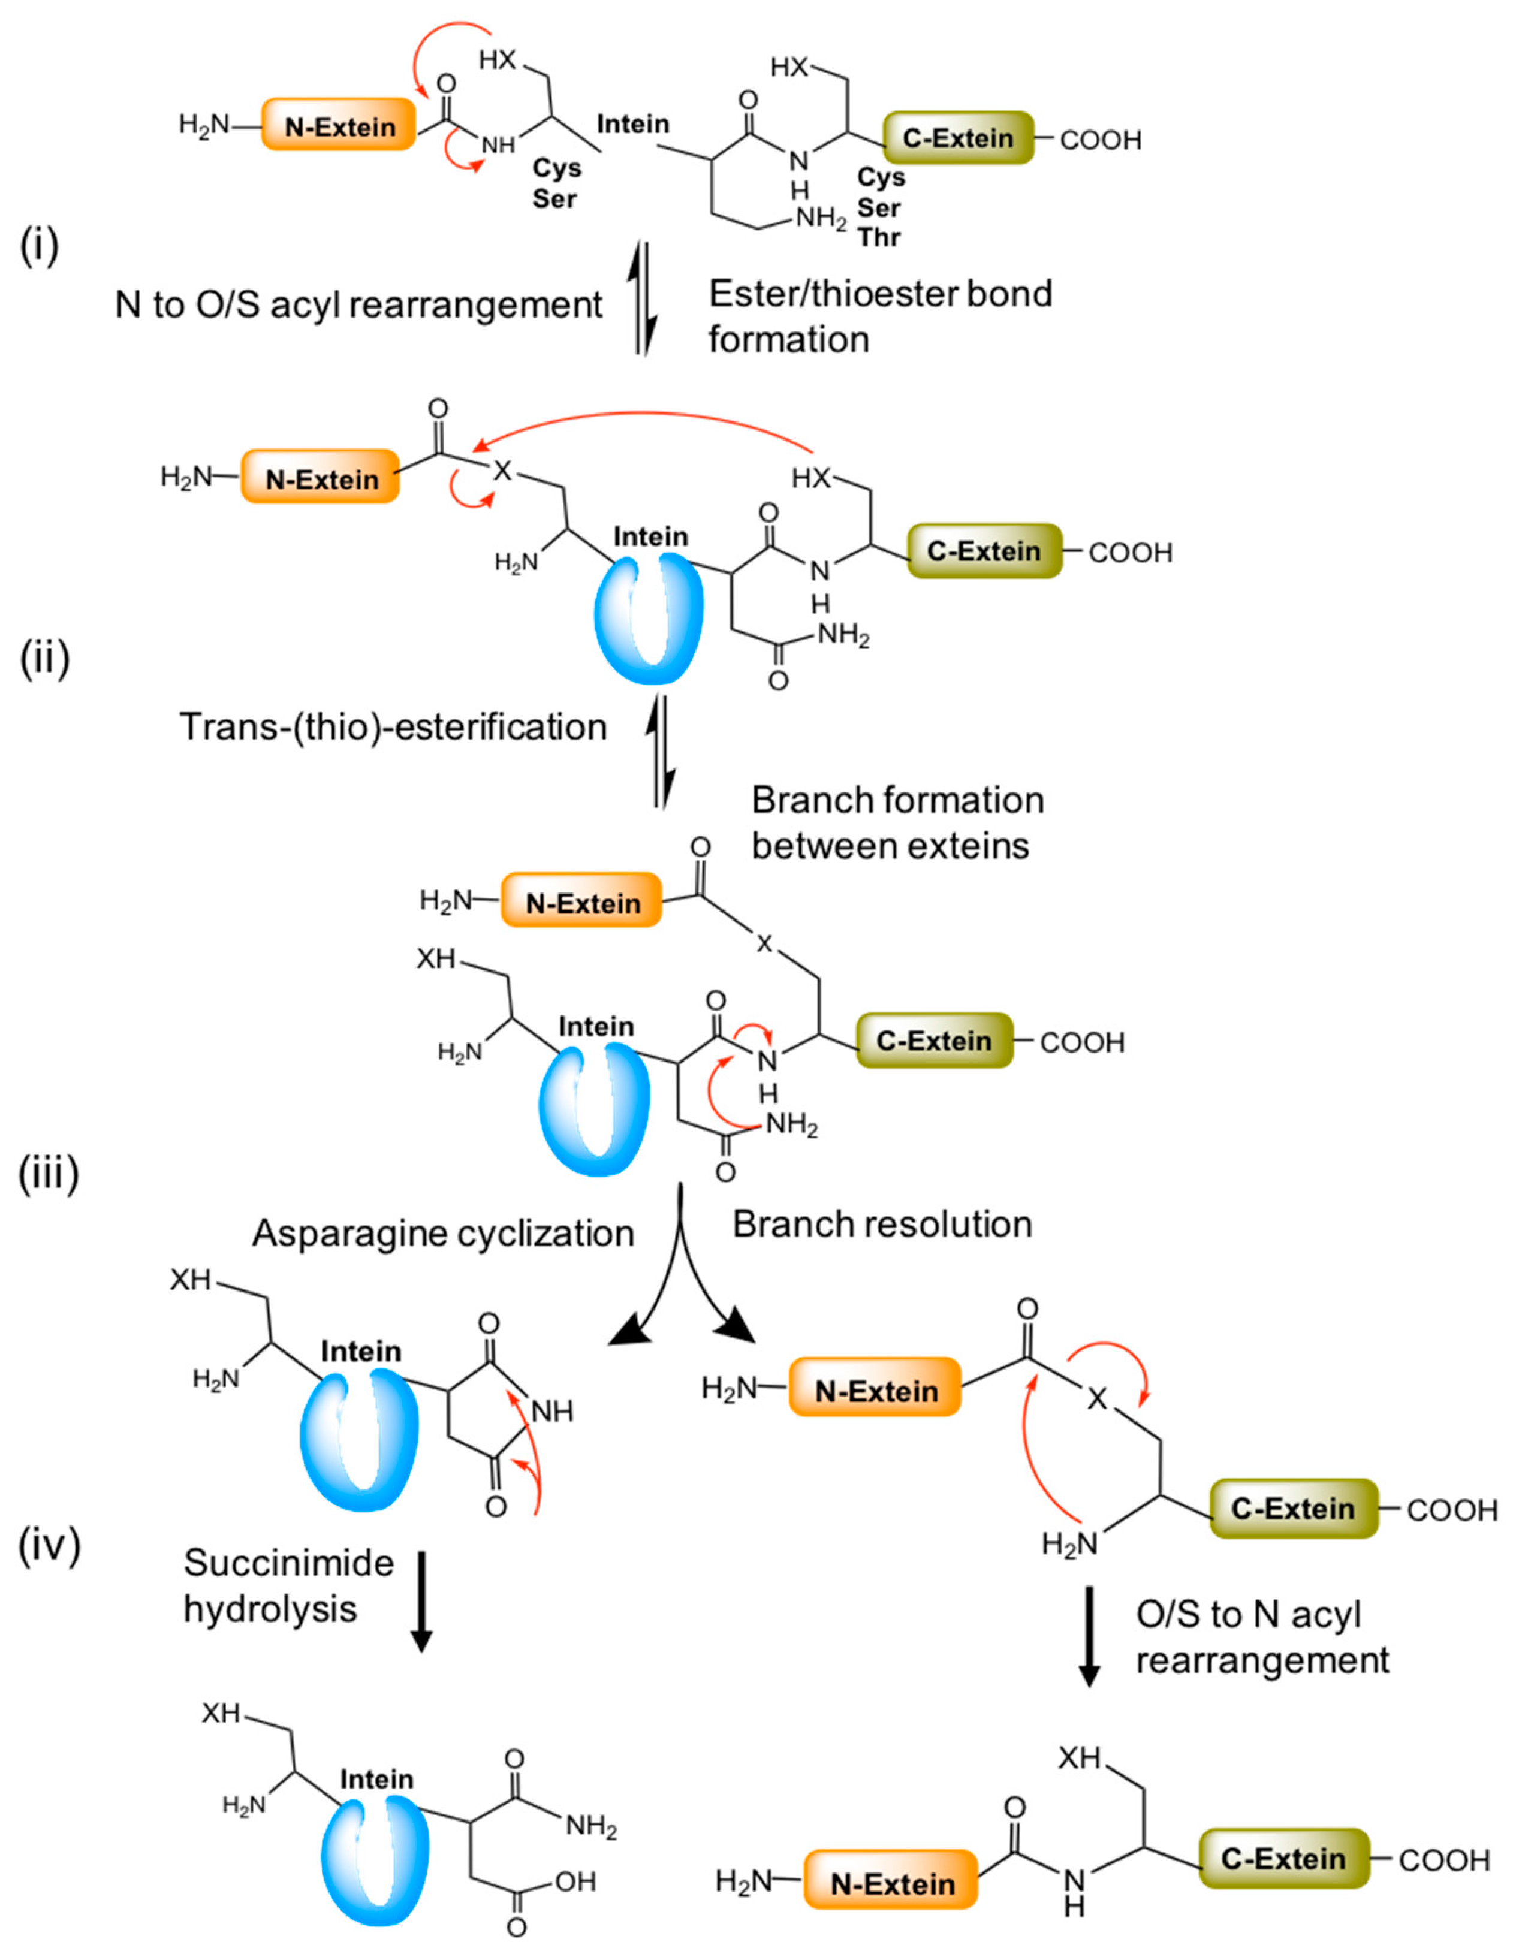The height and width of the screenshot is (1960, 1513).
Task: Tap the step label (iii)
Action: (49, 1173)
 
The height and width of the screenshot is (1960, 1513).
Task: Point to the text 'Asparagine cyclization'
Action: (444, 1233)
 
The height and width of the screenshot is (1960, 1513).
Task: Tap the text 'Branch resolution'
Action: (882, 1224)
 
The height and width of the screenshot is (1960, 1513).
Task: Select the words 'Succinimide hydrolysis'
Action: (287, 1587)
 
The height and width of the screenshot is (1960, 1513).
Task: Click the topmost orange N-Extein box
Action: (339, 126)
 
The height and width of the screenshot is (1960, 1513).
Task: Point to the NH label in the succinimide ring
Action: (552, 1412)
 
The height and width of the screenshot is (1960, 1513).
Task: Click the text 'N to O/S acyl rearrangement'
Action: (358, 305)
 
